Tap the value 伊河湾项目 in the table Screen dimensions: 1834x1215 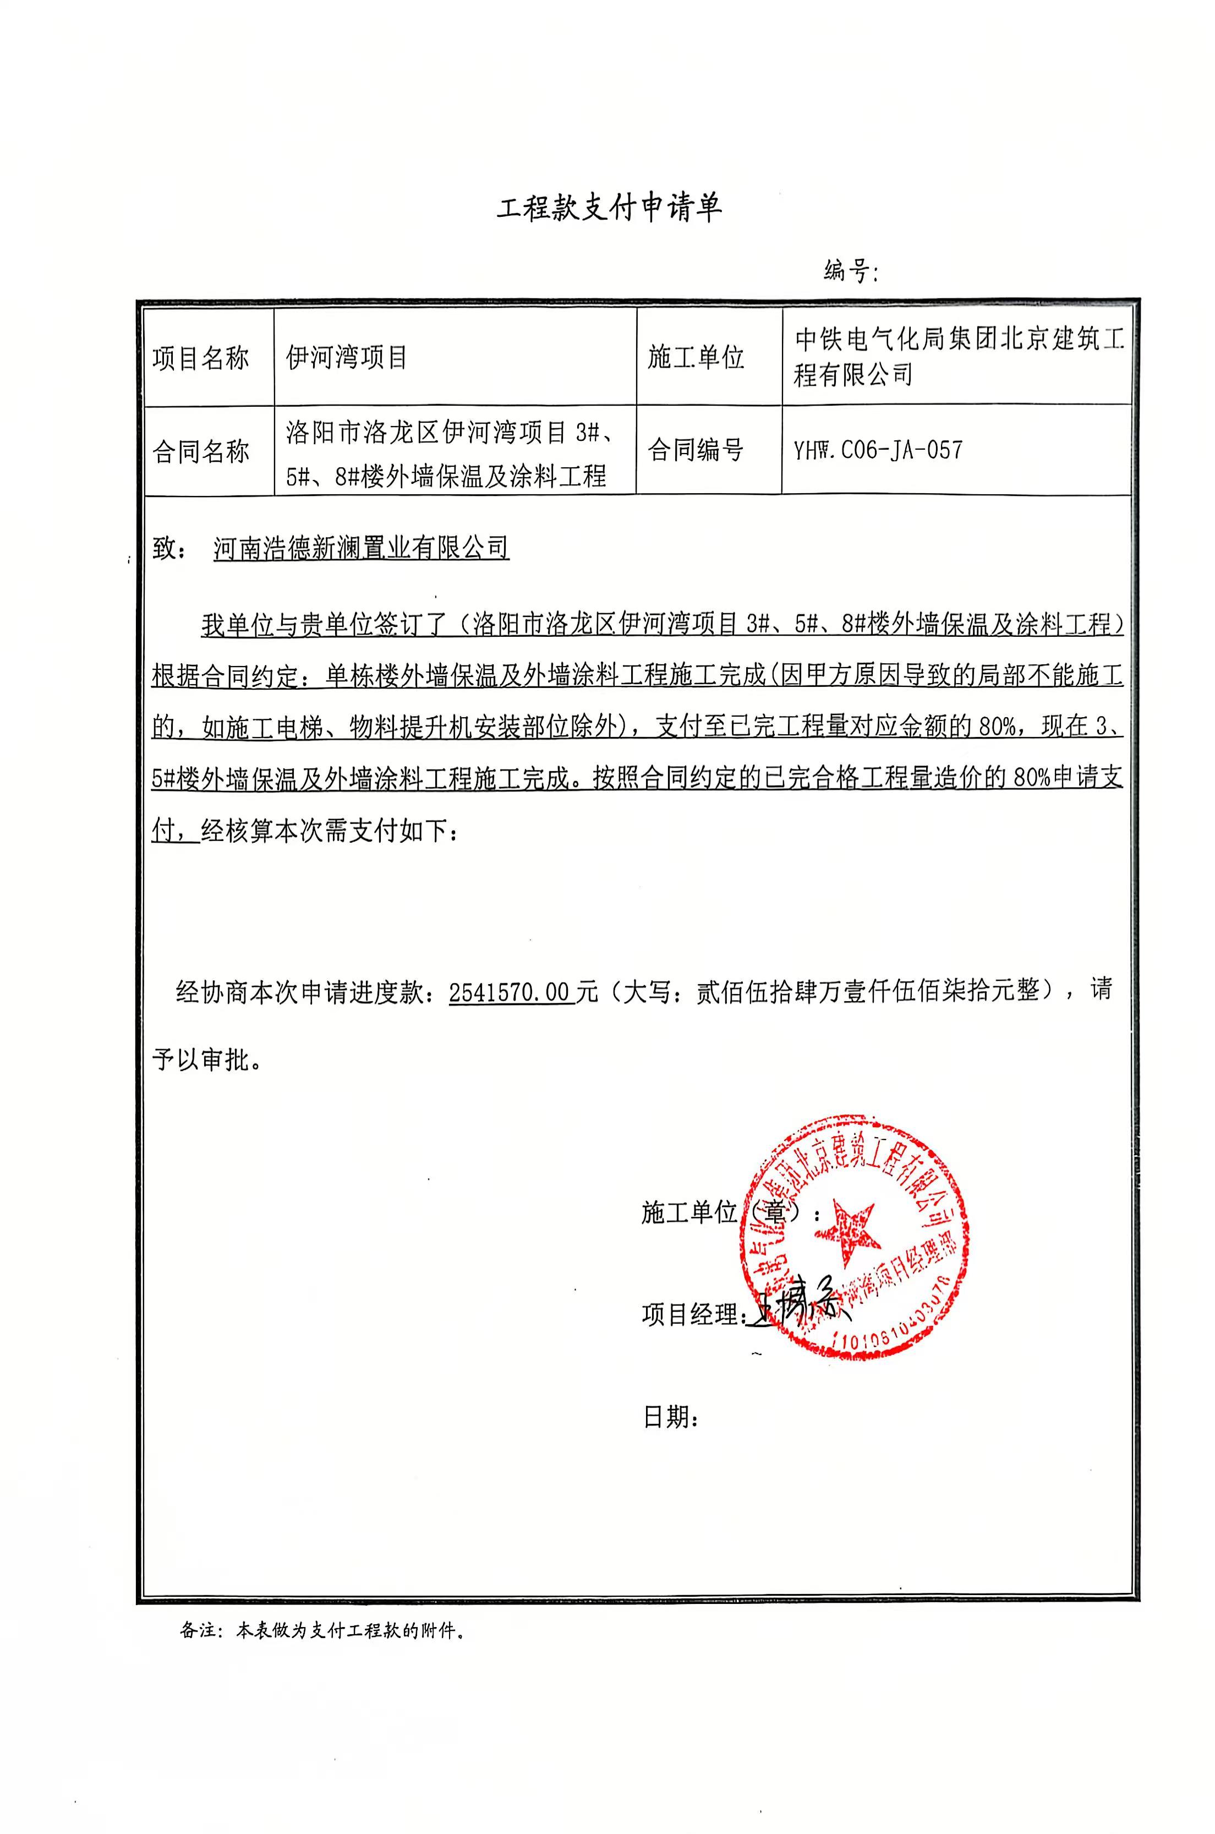click(346, 357)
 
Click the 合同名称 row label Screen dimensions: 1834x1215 click(201, 450)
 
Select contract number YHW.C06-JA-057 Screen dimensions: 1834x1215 click(878, 450)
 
